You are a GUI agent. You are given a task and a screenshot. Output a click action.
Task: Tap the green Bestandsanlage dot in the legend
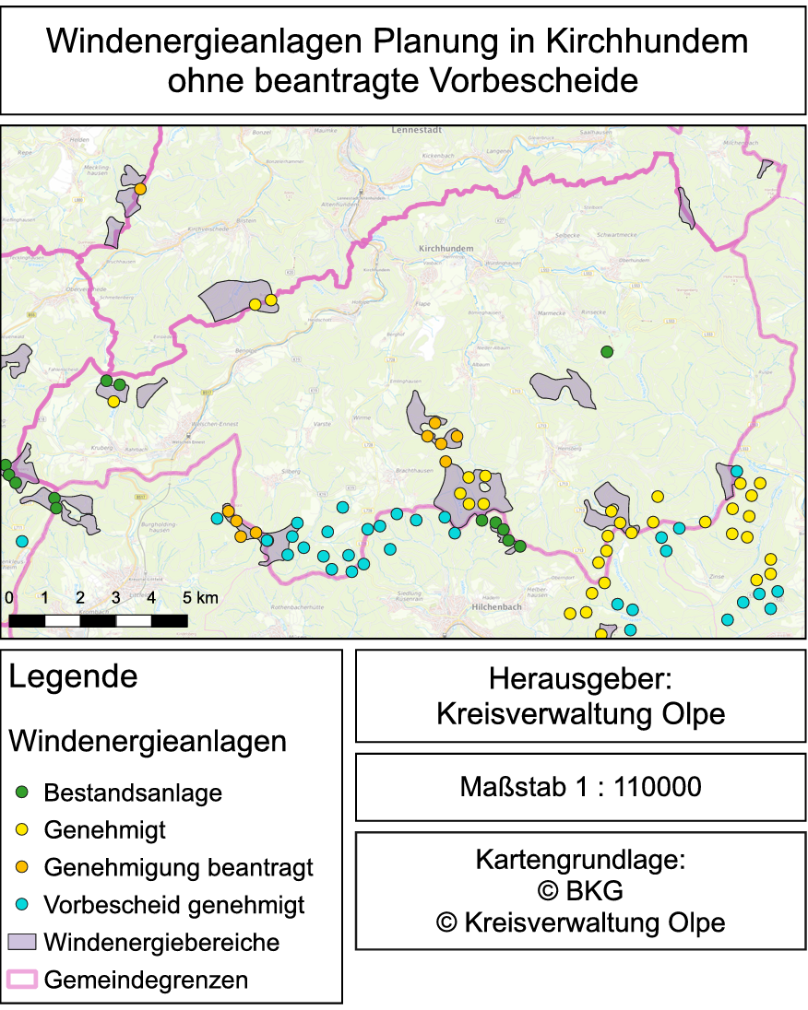click(24, 792)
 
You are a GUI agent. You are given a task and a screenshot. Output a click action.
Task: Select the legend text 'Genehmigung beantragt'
click(178, 867)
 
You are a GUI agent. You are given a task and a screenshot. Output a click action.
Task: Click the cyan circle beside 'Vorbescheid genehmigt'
click(24, 905)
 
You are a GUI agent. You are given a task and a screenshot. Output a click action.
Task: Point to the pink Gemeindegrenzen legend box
click(21, 980)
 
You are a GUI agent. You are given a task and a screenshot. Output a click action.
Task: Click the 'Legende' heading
click(73, 677)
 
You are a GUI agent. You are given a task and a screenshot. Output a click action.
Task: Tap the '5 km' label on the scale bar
click(200, 598)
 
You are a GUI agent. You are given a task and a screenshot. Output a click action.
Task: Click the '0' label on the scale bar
click(9, 598)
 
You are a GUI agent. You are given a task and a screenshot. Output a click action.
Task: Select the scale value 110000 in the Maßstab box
click(658, 787)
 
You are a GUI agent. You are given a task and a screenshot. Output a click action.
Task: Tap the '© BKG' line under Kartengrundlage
click(580, 891)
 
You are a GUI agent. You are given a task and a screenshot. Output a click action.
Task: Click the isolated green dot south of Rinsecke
click(607, 351)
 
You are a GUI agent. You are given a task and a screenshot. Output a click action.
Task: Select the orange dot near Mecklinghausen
click(140, 189)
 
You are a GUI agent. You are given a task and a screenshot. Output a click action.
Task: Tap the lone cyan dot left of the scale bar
click(21, 541)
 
